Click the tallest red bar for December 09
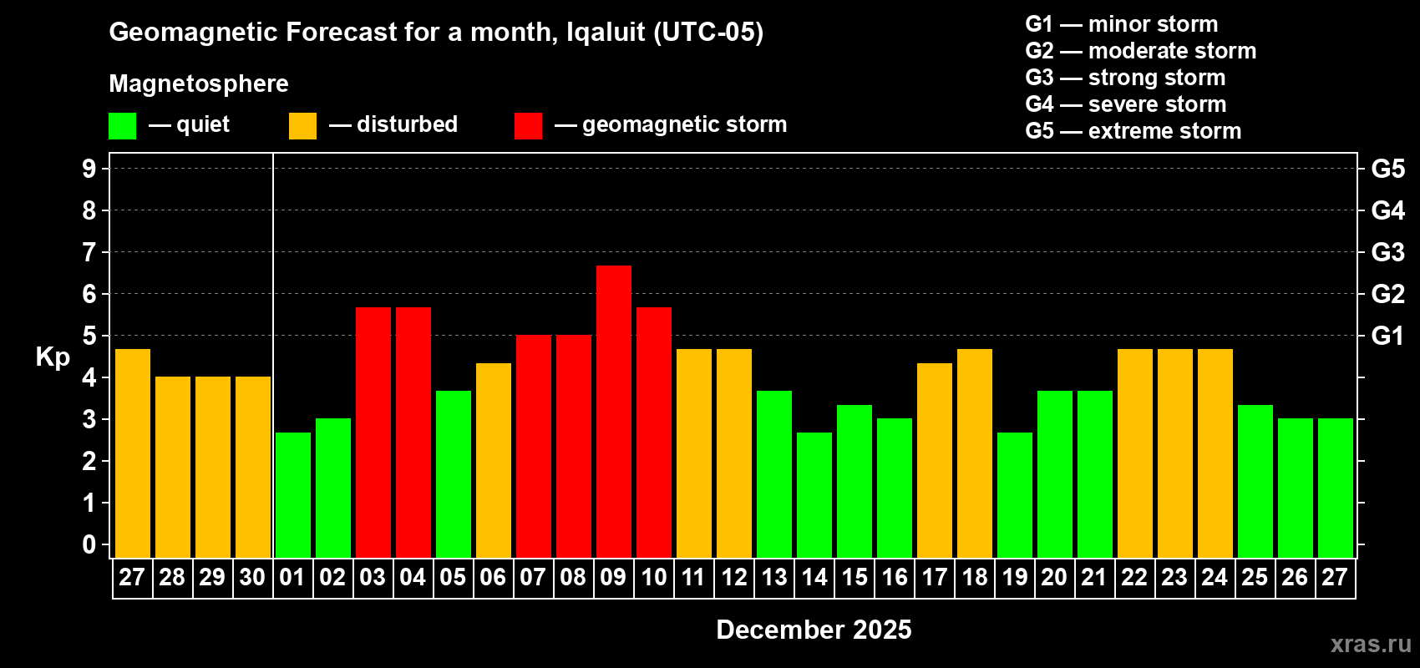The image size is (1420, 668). click(x=614, y=411)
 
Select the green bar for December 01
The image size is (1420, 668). click(x=293, y=494)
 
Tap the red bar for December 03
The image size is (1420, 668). click(x=373, y=432)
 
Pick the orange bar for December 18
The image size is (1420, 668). click(x=975, y=453)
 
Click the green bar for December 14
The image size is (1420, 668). click(x=814, y=494)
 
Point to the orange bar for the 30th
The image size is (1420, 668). click(x=253, y=467)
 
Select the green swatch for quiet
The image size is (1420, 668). click(x=122, y=126)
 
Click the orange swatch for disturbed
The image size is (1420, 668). click(x=302, y=126)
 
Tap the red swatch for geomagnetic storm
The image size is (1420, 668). click(x=528, y=126)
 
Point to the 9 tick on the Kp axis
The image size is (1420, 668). click(x=89, y=169)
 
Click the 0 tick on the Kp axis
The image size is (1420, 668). click(x=89, y=544)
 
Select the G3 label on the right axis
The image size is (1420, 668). click(x=1387, y=252)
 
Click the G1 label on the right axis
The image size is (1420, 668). click(x=1387, y=336)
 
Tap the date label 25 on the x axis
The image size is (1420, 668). click(x=1255, y=578)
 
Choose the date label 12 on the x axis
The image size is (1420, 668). click(x=734, y=578)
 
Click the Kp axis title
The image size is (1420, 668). click(x=53, y=357)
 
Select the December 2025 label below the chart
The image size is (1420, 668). click(x=814, y=630)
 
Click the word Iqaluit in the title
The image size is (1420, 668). click(x=606, y=33)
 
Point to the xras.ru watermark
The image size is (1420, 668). click(x=1371, y=644)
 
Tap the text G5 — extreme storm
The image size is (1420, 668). click(x=1133, y=131)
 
